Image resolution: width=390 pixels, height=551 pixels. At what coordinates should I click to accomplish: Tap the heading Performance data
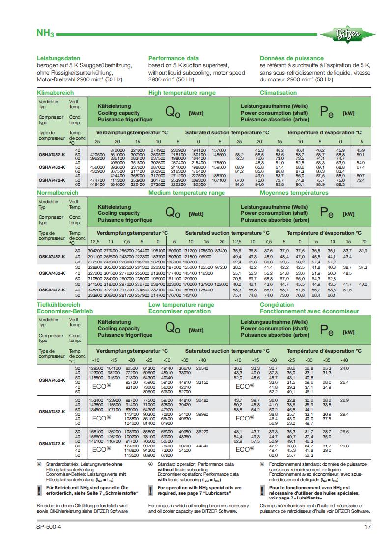173,58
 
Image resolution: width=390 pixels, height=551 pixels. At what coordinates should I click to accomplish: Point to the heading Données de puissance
292,58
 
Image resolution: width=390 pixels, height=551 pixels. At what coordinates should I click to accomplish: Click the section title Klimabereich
56,92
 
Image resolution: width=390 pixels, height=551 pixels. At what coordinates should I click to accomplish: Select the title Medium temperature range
188,193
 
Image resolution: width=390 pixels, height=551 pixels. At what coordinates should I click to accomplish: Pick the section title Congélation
277,305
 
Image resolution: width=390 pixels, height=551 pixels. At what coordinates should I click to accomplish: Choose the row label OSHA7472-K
52,180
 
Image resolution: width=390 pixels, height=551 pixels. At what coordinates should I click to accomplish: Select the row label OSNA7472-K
52,444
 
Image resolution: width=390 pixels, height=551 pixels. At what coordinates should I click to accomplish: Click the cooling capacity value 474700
99,180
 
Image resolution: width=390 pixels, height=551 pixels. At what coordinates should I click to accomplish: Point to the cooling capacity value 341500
95,284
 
